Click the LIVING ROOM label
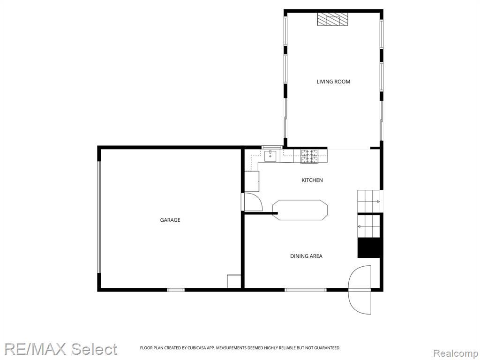click(333, 82)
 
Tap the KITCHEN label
click(312, 180)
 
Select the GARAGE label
click(170, 220)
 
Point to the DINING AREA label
click(306, 256)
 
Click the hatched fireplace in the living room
click(333, 19)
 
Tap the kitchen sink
click(270, 156)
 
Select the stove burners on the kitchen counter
click(309, 157)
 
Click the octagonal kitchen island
click(300, 210)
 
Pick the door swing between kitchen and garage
click(253, 202)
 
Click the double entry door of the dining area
click(360, 290)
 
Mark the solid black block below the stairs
click(369, 247)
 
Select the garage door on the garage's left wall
click(99, 217)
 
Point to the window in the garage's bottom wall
click(176, 290)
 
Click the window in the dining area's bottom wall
click(306, 290)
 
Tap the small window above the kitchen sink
click(272, 147)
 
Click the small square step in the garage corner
click(234, 281)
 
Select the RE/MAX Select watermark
click(60, 349)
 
